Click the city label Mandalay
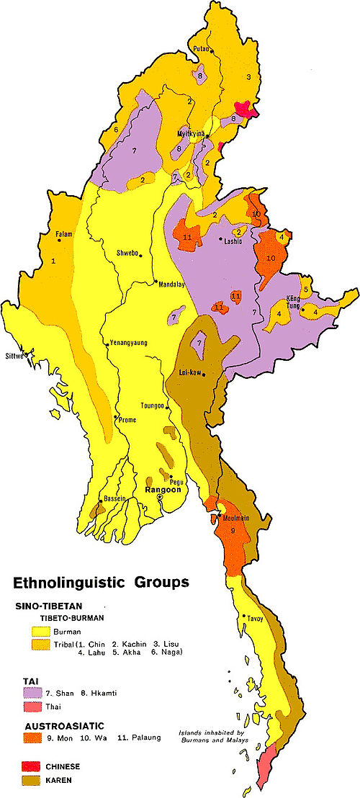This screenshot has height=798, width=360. point(171,284)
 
